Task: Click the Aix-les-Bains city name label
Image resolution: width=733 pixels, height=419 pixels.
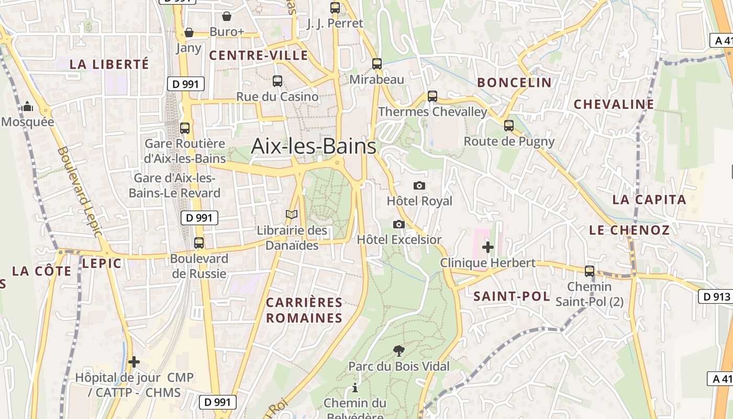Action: pyautogui.click(x=313, y=146)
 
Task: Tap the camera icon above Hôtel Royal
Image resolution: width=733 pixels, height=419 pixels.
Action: pyautogui.click(x=419, y=185)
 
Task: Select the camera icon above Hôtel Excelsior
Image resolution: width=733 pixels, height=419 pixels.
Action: pyautogui.click(x=398, y=224)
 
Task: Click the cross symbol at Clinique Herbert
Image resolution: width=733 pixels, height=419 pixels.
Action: pyautogui.click(x=487, y=247)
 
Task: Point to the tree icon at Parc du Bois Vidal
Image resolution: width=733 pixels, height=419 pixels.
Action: pyautogui.click(x=398, y=350)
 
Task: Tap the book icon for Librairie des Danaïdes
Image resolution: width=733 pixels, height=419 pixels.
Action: pyautogui.click(x=291, y=214)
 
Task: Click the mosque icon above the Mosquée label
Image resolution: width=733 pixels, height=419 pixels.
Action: pyautogui.click(x=27, y=107)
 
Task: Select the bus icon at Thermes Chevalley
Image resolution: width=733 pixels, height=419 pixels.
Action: pyautogui.click(x=432, y=96)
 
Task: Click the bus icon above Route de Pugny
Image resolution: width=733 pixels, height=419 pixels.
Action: pyautogui.click(x=508, y=125)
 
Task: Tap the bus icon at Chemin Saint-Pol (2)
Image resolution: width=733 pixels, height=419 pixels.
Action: pyautogui.click(x=589, y=271)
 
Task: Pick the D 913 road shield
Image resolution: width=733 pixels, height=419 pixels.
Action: pyautogui.click(x=715, y=296)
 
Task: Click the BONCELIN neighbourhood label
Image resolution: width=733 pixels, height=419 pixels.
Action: pyautogui.click(x=514, y=82)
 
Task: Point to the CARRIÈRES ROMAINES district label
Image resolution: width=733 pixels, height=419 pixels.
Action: pyautogui.click(x=304, y=310)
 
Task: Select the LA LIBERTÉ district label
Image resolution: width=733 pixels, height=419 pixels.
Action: pyautogui.click(x=109, y=64)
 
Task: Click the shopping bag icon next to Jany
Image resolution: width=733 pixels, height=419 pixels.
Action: pyautogui.click(x=189, y=33)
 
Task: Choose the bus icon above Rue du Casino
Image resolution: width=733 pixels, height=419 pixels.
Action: pyautogui.click(x=277, y=81)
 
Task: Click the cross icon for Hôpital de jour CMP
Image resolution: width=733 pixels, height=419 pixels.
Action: pyautogui.click(x=134, y=361)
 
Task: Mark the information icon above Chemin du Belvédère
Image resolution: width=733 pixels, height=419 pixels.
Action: pyautogui.click(x=355, y=388)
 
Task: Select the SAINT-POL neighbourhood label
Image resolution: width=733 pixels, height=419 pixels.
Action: pyautogui.click(x=512, y=296)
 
